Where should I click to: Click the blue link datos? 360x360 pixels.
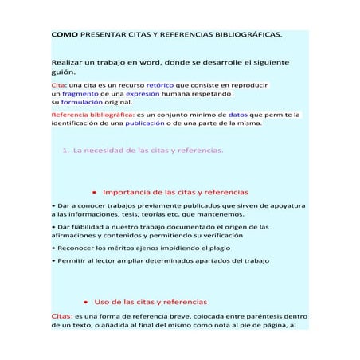241,115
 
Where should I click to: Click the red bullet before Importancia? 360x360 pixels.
94,193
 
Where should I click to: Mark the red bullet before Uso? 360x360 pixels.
85,303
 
